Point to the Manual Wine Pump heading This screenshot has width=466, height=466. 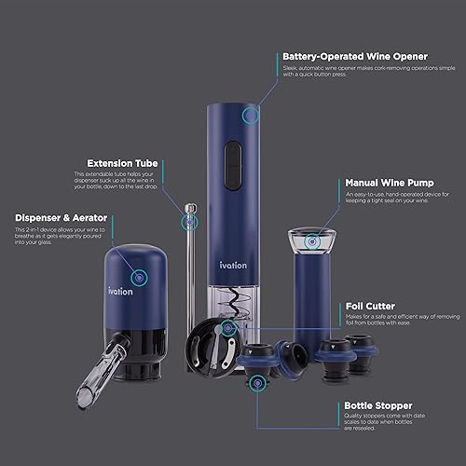(x=382, y=185)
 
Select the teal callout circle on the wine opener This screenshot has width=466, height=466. (x=250, y=116)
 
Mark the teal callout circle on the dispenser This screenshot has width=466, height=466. (x=140, y=277)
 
